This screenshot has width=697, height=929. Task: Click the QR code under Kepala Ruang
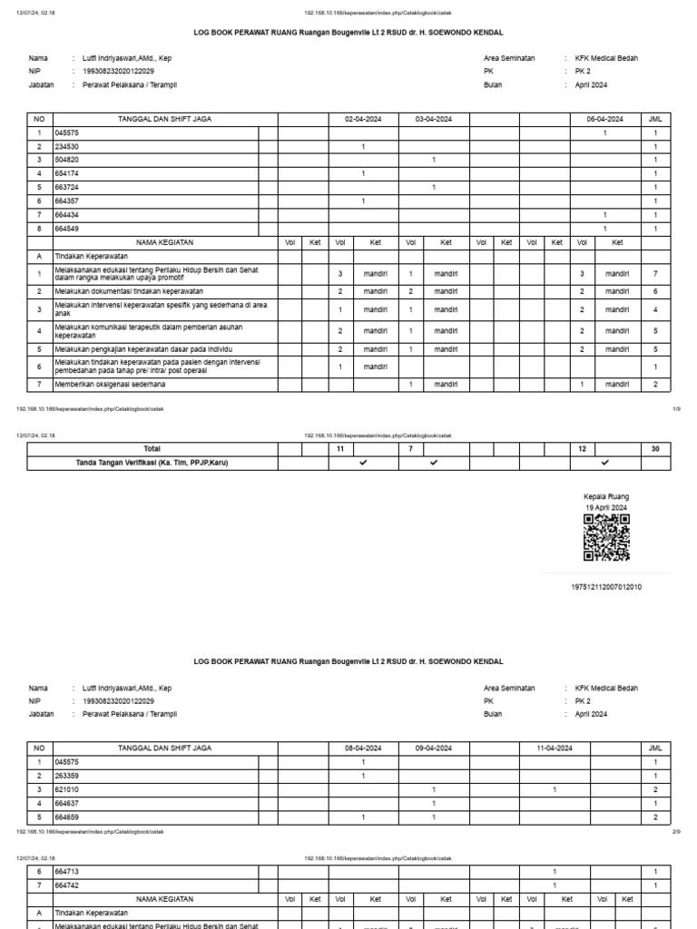point(605,539)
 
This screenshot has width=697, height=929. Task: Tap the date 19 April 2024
point(605,507)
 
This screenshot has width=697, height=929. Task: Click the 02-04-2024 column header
point(363,119)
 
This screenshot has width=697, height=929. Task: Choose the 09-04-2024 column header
point(434,749)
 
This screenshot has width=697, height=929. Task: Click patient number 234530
point(67,146)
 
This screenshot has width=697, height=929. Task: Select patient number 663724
point(67,187)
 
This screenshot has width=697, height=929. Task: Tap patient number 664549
point(67,229)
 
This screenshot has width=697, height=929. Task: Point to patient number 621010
point(67,790)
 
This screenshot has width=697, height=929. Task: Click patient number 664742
point(67,885)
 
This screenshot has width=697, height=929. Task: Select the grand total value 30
point(655,449)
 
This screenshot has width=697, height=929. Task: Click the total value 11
point(339,449)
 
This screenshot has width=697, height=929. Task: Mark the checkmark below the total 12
point(605,463)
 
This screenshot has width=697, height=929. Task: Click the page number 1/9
point(675,409)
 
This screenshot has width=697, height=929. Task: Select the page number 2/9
point(675,830)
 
